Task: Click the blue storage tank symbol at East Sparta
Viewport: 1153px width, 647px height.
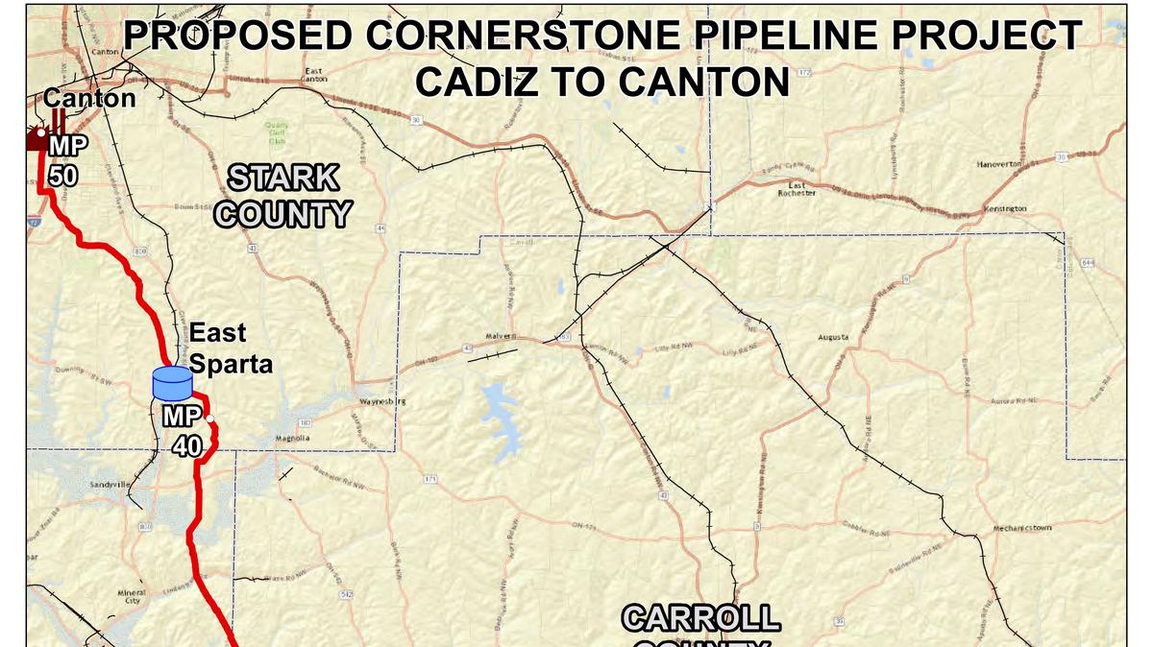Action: point(173,384)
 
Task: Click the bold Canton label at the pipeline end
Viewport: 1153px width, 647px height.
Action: point(89,98)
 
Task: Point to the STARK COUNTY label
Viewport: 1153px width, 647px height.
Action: point(282,195)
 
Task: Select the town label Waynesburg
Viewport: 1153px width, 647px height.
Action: point(380,401)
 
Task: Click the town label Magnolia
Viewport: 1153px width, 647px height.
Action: point(292,439)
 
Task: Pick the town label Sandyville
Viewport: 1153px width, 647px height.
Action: point(110,486)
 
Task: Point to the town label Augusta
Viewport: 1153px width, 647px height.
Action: point(833,338)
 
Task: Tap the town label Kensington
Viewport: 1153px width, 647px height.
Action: point(1005,208)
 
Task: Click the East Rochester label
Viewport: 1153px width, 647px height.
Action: point(797,188)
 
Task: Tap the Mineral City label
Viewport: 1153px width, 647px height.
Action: point(132,597)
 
